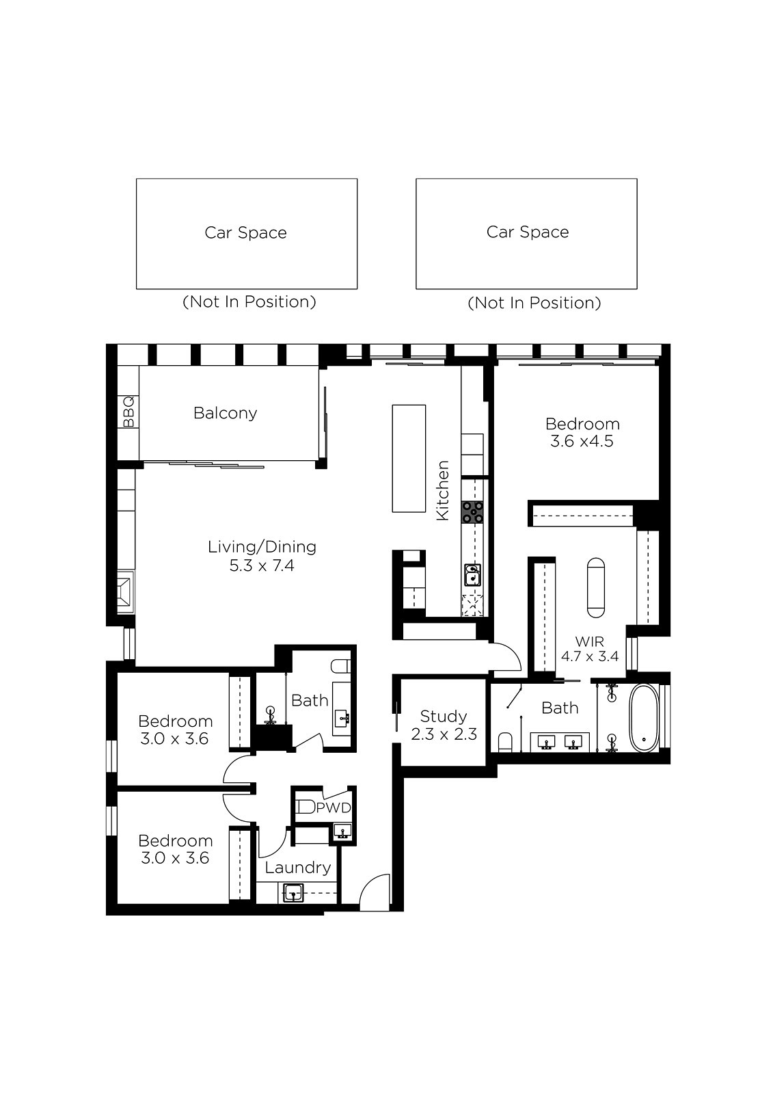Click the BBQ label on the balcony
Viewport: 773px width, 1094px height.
point(128,412)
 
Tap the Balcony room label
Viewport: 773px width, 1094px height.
point(225,413)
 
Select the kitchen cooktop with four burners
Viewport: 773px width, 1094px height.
point(473,512)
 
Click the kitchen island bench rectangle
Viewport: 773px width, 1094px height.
point(409,458)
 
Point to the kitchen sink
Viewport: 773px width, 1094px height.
point(472,575)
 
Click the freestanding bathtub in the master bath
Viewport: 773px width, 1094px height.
point(644,719)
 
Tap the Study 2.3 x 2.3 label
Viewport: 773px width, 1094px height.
point(444,725)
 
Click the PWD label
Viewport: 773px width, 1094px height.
point(334,808)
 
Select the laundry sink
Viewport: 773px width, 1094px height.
point(292,893)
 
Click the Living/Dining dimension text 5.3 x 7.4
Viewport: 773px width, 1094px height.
point(262,565)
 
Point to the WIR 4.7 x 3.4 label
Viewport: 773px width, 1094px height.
point(589,648)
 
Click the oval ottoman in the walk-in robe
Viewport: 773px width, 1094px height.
point(596,587)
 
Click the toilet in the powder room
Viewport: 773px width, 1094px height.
point(306,807)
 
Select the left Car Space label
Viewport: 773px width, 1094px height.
point(245,232)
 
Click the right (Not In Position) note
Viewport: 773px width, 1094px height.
point(534,303)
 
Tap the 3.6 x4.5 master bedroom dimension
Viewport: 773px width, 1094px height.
point(582,441)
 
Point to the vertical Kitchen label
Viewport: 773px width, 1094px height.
point(442,490)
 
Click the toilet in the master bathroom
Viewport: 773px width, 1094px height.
point(504,743)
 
